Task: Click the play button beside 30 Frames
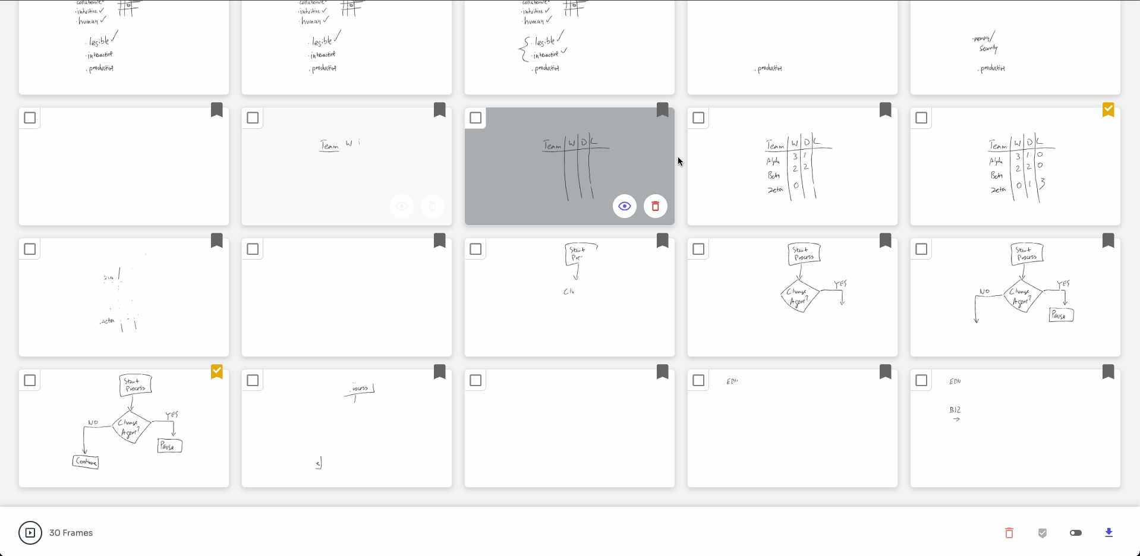30,533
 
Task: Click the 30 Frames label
71,533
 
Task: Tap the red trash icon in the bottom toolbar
1009,533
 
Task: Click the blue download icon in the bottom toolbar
1108,533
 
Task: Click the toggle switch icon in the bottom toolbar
1075,533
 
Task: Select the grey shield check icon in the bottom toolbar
1042,533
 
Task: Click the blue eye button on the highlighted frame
624,206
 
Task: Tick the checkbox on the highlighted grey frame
475,118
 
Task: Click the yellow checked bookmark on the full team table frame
1108,110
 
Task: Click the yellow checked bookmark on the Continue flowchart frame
217,372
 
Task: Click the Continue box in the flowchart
86,462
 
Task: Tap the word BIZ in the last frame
955,410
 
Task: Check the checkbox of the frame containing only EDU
698,380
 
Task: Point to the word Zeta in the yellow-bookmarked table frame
998,190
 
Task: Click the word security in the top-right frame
988,49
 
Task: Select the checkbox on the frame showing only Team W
253,118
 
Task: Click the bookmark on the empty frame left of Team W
217,110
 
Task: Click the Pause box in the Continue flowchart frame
169,446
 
